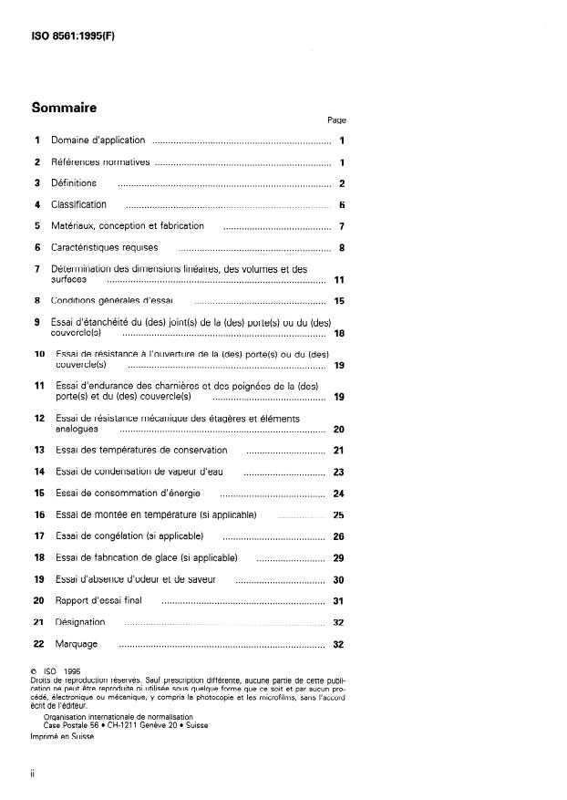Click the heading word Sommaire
[64, 108]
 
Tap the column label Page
[336, 120]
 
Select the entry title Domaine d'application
[98, 140]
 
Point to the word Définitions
[74, 183]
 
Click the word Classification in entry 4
[78, 204]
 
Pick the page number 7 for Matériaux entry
[340, 226]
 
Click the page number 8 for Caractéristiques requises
[340, 247]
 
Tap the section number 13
[39, 451]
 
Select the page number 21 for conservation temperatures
[338, 451]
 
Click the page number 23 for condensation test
[338, 473]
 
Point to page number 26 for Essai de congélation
[338, 536]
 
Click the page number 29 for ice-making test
[338, 557]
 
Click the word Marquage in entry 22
[76, 644]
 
